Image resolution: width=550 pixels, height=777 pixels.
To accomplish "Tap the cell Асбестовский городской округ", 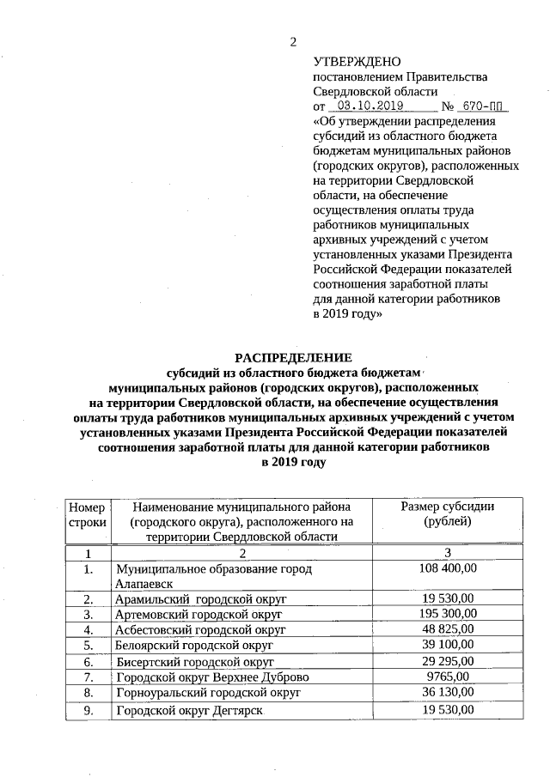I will tap(200, 629).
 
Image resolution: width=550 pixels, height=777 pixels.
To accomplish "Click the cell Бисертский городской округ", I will tap(195, 662).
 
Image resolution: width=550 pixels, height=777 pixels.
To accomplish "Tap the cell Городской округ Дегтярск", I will tap(190, 711).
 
